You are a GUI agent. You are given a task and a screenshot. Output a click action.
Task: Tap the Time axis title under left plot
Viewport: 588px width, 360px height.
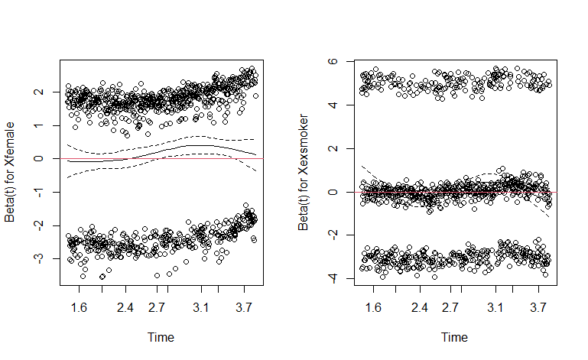[x=161, y=337]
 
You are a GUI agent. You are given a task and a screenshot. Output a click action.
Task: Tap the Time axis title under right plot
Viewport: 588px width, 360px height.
[x=454, y=337]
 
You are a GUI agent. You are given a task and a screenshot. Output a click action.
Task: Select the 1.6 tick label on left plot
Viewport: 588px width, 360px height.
[x=79, y=308]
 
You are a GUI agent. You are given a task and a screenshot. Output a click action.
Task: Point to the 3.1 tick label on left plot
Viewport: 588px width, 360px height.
[x=201, y=308]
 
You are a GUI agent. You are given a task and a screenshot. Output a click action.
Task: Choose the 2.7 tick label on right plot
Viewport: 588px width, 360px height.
[x=450, y=308]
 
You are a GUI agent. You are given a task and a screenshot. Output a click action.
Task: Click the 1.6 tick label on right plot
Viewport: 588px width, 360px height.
[x=372, y=308]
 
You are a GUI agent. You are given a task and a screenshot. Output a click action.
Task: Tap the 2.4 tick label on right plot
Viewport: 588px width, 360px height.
[x=419, y=308]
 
